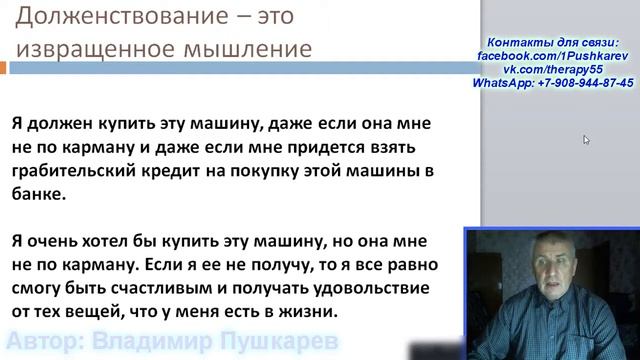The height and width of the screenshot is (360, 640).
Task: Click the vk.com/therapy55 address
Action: (x=552, y=72)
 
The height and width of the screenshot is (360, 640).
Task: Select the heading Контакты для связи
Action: (x=552, y=45)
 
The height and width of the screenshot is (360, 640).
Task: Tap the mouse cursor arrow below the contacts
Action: (x=586, y=140)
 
